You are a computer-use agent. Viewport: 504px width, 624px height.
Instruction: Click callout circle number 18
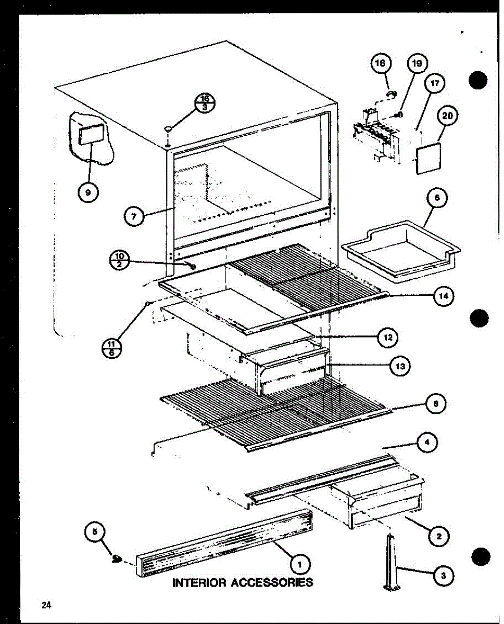(381, 64)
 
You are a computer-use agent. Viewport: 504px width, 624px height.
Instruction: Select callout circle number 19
(417, 64)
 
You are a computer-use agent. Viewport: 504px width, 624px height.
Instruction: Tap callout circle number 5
(95, 531)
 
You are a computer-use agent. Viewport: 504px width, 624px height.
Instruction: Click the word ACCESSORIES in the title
(272, 582)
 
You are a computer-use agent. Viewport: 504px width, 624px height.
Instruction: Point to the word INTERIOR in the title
(198, 582)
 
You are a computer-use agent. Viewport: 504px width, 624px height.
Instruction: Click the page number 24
(46, 604)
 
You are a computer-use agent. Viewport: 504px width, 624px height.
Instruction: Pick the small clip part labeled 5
(117, 560)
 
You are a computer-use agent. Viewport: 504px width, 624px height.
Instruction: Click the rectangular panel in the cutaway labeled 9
(89, 136)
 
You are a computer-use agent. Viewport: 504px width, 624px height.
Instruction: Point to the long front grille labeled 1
(224, 543)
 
